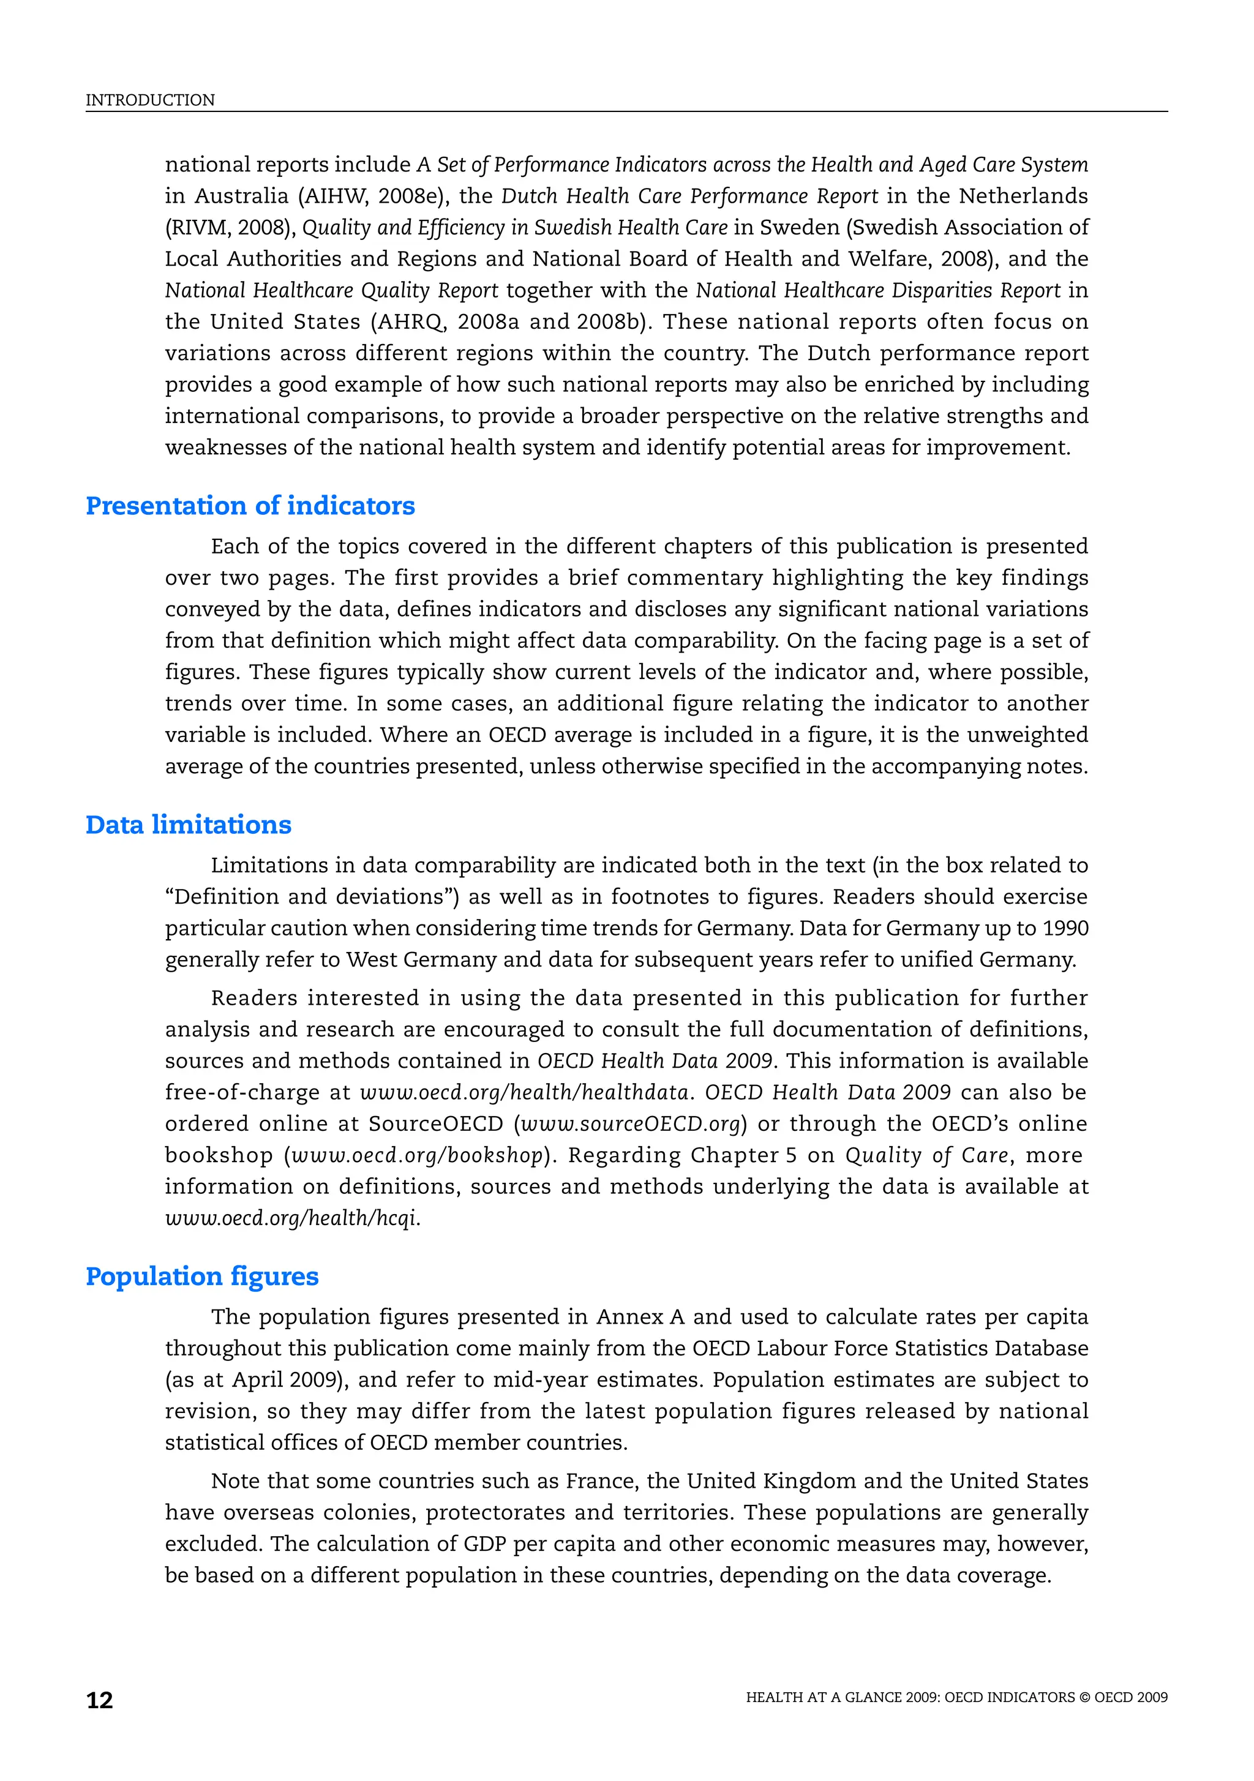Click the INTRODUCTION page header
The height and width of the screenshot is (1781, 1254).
pyautogui.click(x=150, y=100)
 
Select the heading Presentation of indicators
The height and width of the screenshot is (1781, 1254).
pyautogui.click(x=250, y=506)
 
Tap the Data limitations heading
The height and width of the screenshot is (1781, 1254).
pyautogui.click(x=188, y=825)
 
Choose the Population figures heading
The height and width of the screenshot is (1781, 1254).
pyautogui.click(x=202, y=1276)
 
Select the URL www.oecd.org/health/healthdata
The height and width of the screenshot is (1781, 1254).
pyautogui.click(x=525, y=1093)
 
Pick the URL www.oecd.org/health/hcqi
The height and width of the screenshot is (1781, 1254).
pyautogui.click(x=292, y=1218)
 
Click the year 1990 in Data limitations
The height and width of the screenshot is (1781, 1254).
pyautogui.click(x=1065, y=929)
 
